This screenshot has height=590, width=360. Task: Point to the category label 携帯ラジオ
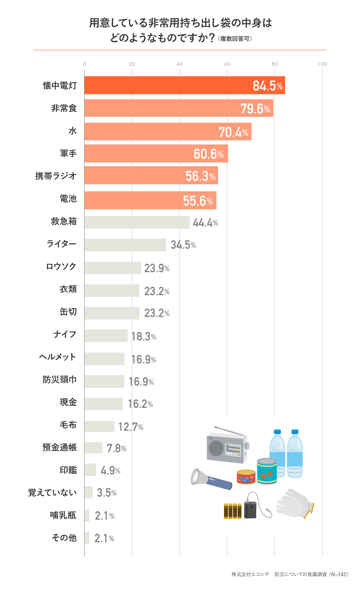point(56,176)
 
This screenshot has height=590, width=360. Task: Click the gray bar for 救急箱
point(137,222)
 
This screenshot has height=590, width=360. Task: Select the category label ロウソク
point(61,267)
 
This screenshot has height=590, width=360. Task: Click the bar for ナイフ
point(106,336)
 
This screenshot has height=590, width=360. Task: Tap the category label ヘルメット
point(58,357)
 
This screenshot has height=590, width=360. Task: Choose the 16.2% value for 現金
point(140,404)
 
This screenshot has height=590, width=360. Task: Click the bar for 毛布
point(99,426)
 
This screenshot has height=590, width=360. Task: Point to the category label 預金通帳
point(59,447)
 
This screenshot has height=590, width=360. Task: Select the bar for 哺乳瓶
point(87,515)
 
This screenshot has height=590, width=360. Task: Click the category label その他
point(64,538)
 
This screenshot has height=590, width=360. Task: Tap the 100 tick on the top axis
point(322,64)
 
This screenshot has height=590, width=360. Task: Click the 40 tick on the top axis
point(180,64)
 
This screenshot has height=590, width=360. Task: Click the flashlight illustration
point(211,479)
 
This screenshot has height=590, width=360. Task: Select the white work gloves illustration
point(295,502)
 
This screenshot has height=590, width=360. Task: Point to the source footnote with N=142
point(290,574)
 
